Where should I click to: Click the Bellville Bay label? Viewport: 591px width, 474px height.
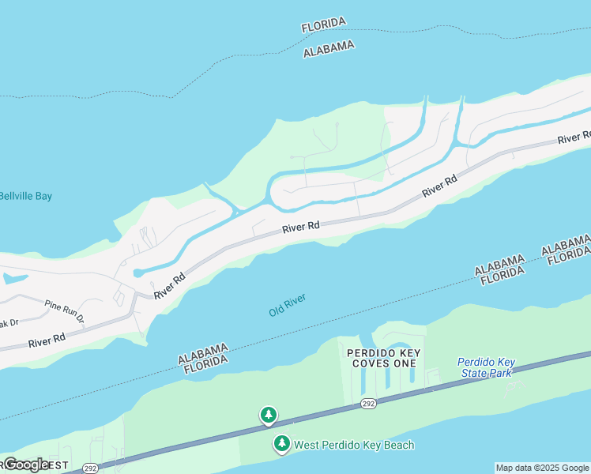pos(25,196)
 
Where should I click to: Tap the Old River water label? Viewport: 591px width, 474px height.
pos(287,305)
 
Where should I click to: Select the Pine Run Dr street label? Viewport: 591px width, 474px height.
pos(64,310)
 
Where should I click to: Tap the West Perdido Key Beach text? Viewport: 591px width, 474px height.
pos(354,445)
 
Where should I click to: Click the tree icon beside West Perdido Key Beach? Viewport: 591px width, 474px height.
pos(281,444)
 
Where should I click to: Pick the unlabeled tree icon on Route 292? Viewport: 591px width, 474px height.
pos(269,415)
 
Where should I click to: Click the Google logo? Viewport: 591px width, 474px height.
pos(26,464)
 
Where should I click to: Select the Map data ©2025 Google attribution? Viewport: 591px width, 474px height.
pos(542,468)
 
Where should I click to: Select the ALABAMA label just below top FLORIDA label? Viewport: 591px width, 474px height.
pos(329,49)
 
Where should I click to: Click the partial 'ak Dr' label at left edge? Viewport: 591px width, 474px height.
pos(9,322)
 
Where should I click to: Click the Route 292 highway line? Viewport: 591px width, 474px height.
pos(474,378)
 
